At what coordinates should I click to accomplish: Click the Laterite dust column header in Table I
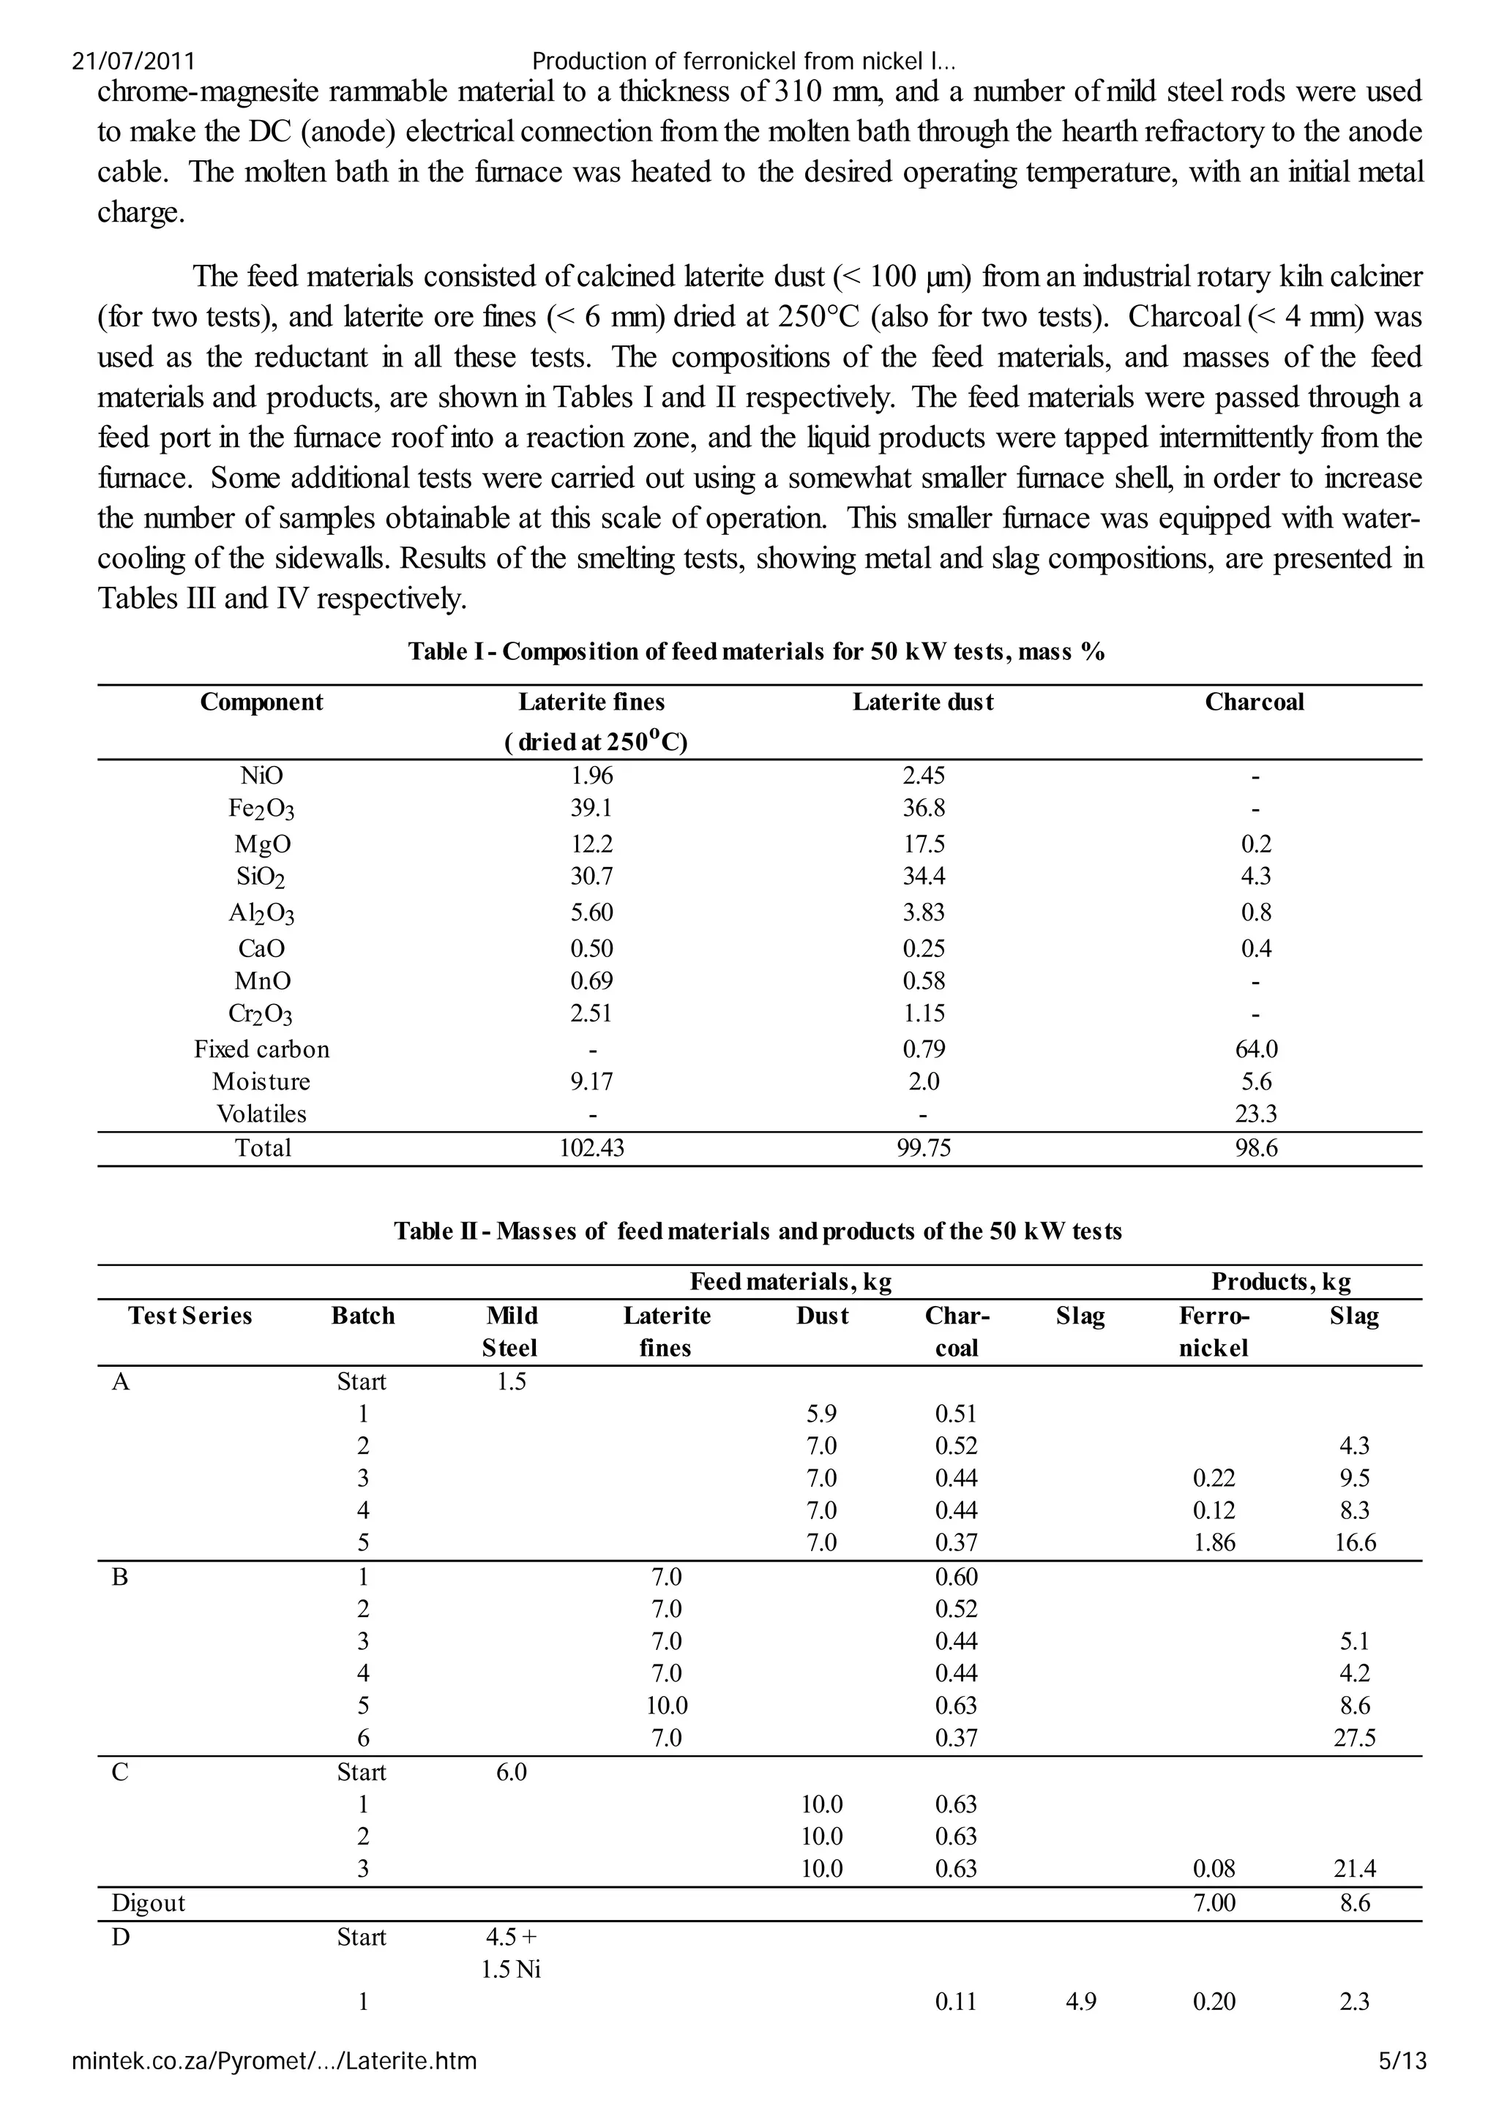point(923,702)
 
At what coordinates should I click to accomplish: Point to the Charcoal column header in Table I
point(1255,702)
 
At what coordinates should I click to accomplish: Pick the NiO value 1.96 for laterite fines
point(591,776)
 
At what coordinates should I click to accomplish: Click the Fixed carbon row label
point(261,1049)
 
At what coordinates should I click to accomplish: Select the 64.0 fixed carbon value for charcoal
point(1255,1049)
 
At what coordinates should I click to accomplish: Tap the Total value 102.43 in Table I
point(591,1148)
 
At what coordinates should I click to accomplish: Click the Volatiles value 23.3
point(1255,1114)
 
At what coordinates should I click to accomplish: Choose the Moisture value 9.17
point(591,1081)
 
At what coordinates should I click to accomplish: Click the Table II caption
point(757,1231)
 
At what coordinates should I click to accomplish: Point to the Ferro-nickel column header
point(1214,1332)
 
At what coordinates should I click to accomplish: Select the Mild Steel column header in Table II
point(510,1332)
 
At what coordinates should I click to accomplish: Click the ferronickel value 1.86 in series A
point(1214,1542)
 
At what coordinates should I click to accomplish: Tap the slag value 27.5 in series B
point(1354,1738)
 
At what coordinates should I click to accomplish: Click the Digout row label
point(148,1903)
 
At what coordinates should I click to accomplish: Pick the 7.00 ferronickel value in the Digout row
point(1214,1903)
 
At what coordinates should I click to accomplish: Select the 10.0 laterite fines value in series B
point(667,1706)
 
